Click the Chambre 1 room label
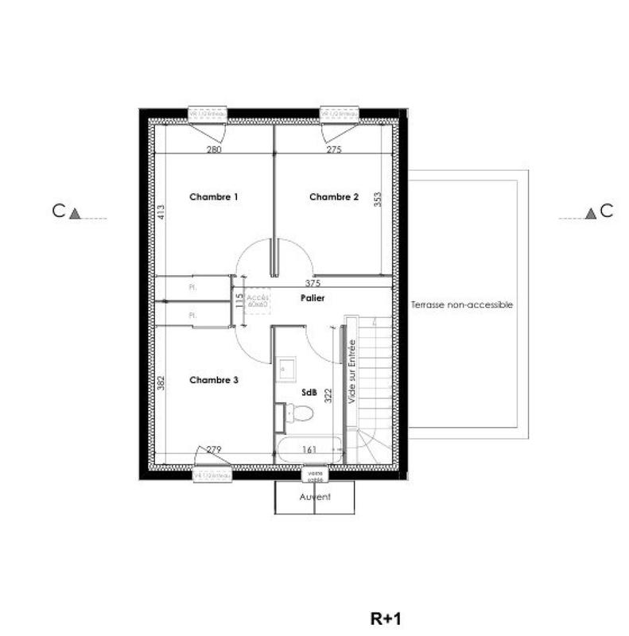tap(214, 196)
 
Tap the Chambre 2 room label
tap(334, 197)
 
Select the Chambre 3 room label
tap(214, 380)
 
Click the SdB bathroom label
tap(307, 393)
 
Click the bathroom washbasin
tap(287, 370)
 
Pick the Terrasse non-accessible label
tap(462, 304)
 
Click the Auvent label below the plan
tap(315, 497)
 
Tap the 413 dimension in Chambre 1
tap(161, 212)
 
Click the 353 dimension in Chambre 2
tap(379, 199)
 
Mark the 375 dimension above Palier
tap(313, 283)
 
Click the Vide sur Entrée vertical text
tap(351, 370)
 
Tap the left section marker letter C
tap(58, 211)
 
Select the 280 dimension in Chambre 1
tap(213, 149)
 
